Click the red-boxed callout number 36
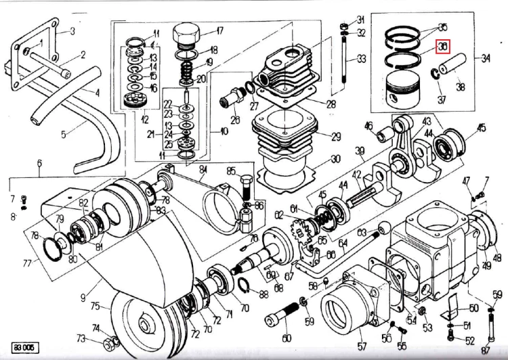pyautogui.click(x=443, y=47)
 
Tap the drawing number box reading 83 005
pyautogui.click(x=21, y=348)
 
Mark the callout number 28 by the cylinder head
pyautogui.click(x=331, y=104)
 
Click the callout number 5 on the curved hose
pyautogui.click(x=63, y=134)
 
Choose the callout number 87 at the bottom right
pyautogui.click(x=485, y=350)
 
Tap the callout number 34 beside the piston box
pyautogui.click(x=486, y=58)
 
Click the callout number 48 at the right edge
pyautogui.click(x=497, y=257)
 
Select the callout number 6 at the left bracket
pyautogui.click(x=39, y=163)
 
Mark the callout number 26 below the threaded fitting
pyautogui.click(x=235, y=120)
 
